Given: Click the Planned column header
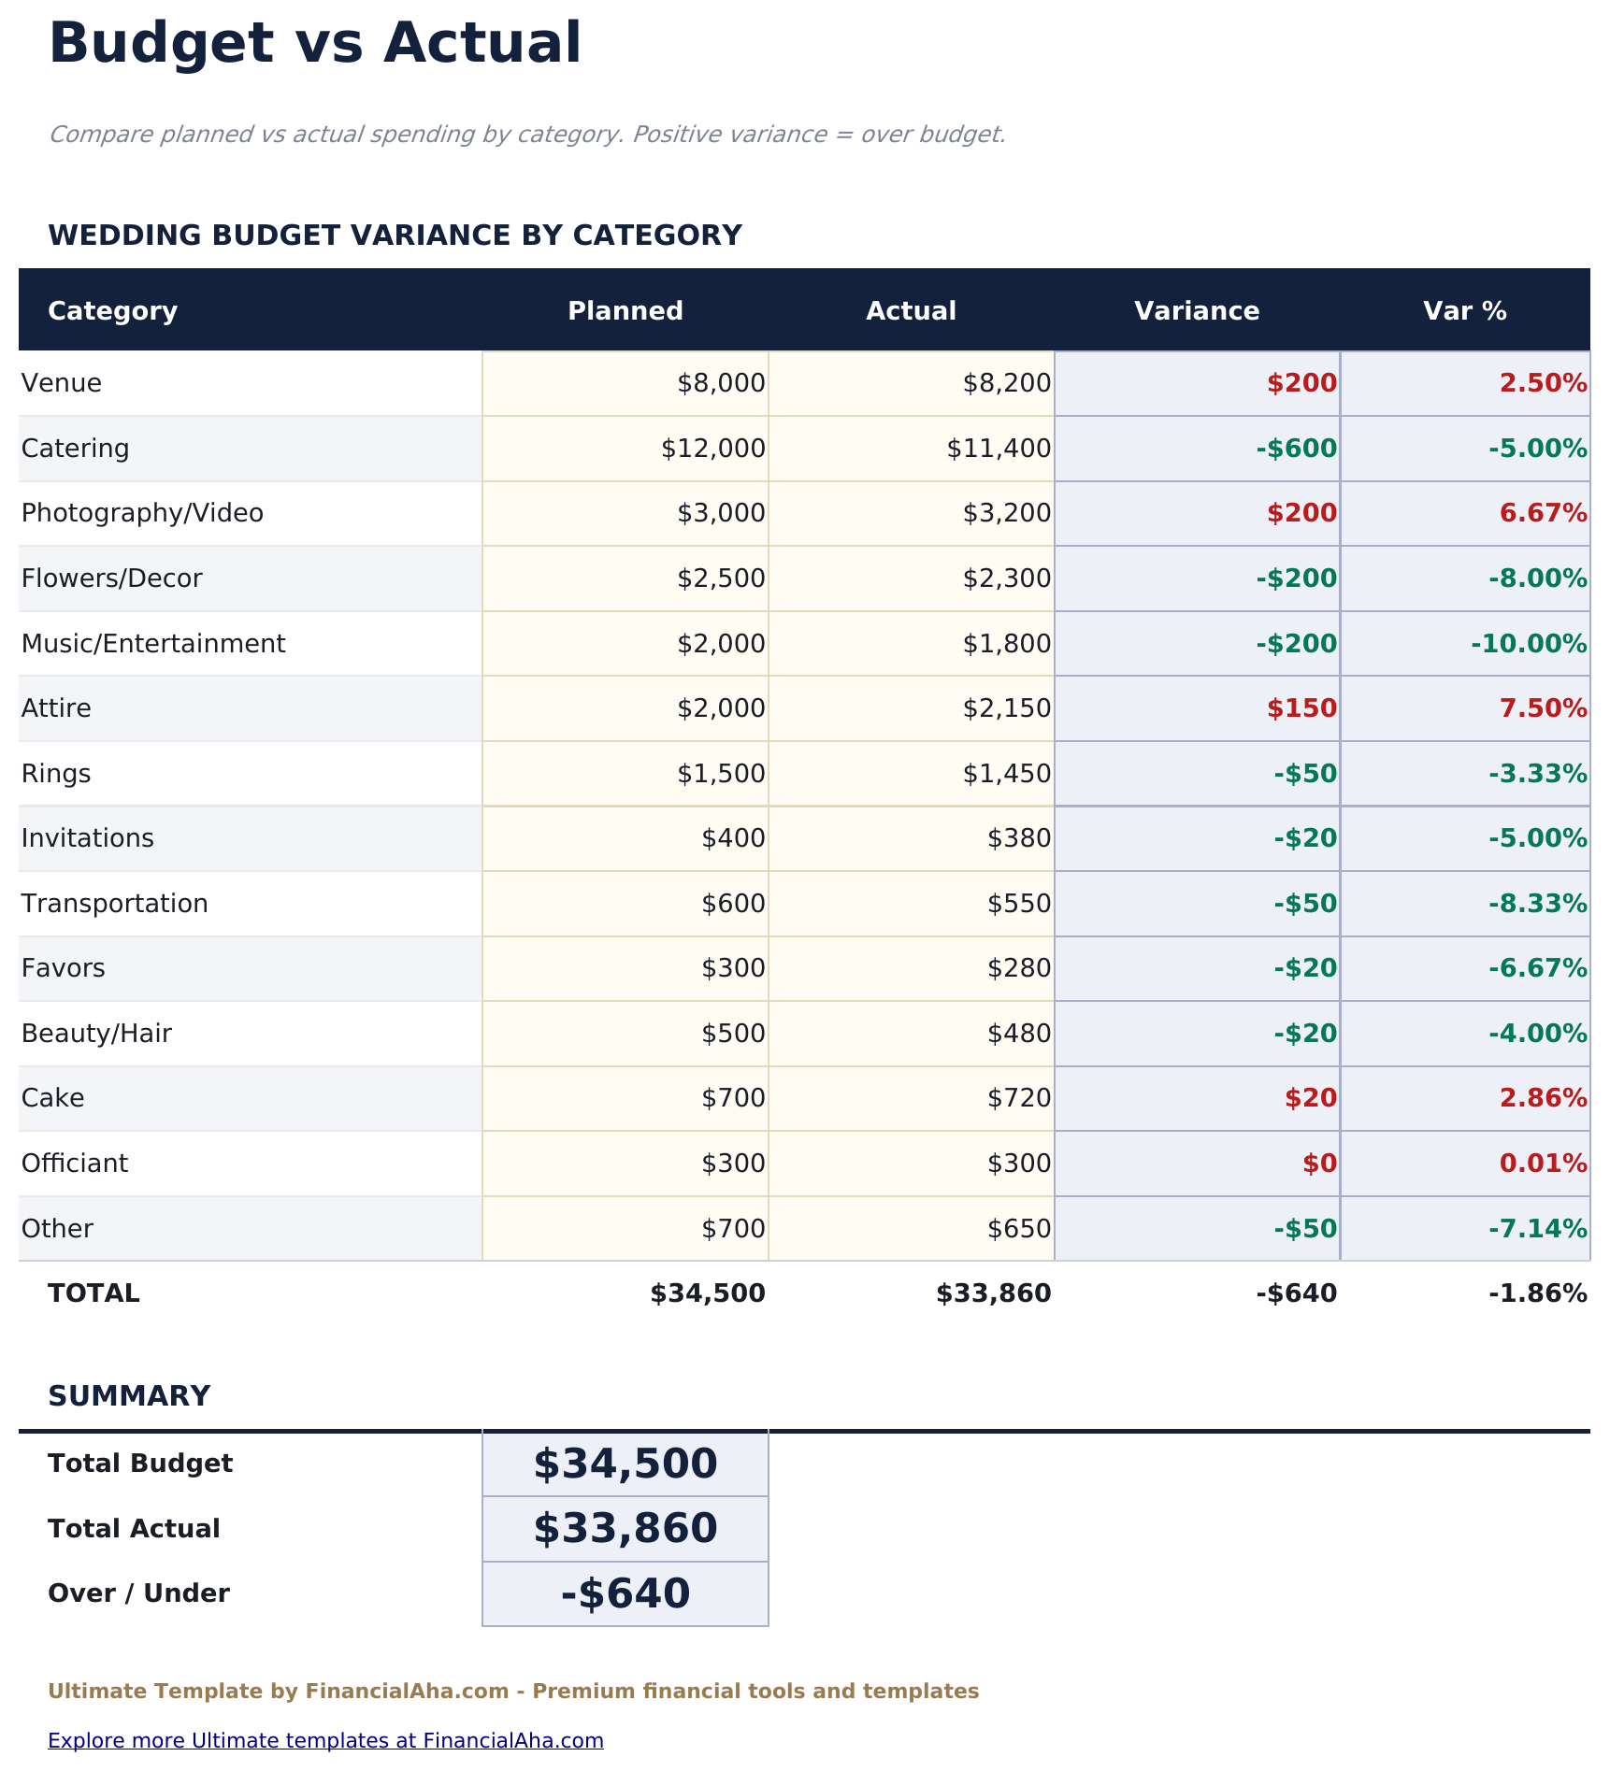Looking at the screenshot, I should tap(625, 311).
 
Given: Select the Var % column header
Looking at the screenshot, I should tap(1464, 311).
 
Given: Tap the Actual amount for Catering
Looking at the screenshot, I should tap(999, 449).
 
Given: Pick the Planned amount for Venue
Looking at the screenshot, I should tap(721, 383).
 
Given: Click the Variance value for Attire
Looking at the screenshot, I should tap(1301, 708).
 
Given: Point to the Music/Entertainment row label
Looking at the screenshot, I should tap(153, 644).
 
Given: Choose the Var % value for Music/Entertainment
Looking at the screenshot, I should tap(1529, 644).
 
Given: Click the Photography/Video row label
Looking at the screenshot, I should tap(142, 513).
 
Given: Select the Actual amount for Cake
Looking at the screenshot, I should tap(1019, 1098).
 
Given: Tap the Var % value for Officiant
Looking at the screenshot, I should tap(1543, 1164).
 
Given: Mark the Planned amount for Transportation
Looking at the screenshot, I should tap(733, 904).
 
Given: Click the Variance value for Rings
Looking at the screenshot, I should tap(1305, 774).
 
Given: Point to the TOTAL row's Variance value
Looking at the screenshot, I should tap(1297, 1293).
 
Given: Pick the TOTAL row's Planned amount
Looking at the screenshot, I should tap(708, 1293).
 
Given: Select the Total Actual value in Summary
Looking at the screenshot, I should tap(625, 1529).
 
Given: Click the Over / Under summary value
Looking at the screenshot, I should tap(625, 1593).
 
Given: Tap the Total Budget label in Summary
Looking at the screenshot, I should tap(140, 1464).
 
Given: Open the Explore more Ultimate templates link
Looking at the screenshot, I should tap(325, 1740).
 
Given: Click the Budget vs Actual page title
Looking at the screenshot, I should tap(315, 44).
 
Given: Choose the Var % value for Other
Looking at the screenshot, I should tap(1537, 1228).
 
